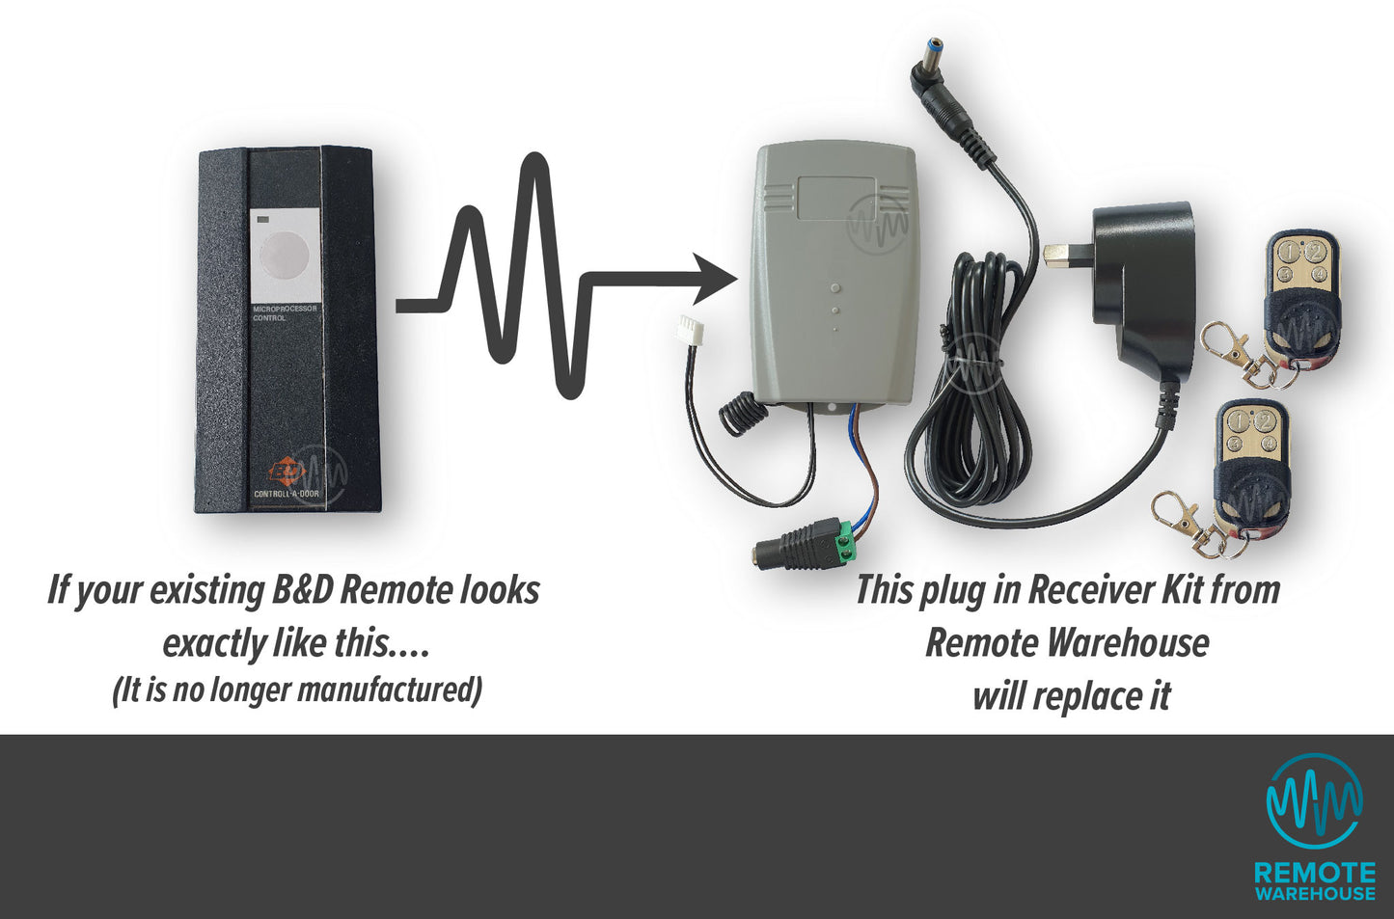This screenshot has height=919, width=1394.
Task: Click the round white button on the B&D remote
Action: pyautogui.click(x=285, y=255)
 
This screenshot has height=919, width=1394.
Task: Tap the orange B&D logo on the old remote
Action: pyautogui.click(x=287, y=472)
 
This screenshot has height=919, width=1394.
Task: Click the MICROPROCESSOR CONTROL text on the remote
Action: pyautogui.click(x=284, y=313)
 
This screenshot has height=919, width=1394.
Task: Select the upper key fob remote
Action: pyautogui.click(x=1303, y=290)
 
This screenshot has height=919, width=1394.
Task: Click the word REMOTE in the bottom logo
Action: pyautogui.click(x=1314, y=873)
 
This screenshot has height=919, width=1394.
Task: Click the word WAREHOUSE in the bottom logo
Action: pyautogui.click(x=1314, y=894)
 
